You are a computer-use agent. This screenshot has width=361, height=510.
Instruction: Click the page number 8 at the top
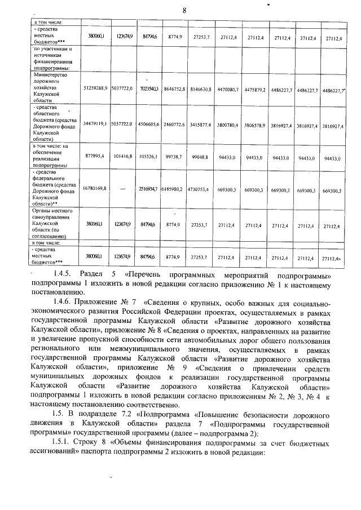[184, 10]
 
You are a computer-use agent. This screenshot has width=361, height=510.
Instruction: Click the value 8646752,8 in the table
[175, 89]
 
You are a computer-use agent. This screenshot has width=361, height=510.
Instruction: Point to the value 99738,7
[175, 158]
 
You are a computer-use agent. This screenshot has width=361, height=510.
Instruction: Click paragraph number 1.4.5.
[58, 276]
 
